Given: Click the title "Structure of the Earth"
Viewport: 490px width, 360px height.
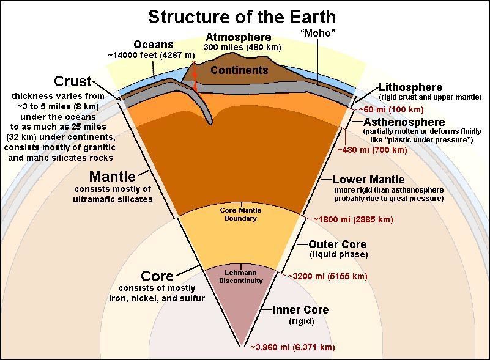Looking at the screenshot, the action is pyautogui.click(x=242, y=17).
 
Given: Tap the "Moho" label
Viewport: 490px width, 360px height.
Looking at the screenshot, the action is pyautogui.click(x=317, y=33).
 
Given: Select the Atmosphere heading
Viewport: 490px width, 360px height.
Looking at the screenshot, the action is pyautogui.click(x=239, y=37).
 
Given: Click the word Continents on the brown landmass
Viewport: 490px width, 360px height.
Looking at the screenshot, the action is pyautogui.click(x=239, y=70).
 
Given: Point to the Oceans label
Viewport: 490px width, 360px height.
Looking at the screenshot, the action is pyautogui.click(x=154, y=45).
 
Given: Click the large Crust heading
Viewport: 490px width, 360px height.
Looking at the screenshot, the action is pyautogui.click(x=73, y=81).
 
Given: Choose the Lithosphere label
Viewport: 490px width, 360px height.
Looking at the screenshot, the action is pyautogui.click(x=410, y=87).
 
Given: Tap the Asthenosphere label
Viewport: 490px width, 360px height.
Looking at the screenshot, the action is pyautogui.click(x=404, y=122).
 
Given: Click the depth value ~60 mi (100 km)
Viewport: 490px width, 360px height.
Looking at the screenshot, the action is pyautogui.click(x=391, y=109).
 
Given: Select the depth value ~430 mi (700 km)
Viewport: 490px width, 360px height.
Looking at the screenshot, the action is pyautogui.click(x=372, y=150).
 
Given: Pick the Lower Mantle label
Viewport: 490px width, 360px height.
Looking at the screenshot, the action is pyautogui.click(x=368, y=180).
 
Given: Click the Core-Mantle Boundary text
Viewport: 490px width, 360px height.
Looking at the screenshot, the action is pyautogui.click(x=240, y=214).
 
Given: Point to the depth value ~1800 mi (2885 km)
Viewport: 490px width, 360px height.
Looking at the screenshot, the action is pyautogui.click(x=353, y=219).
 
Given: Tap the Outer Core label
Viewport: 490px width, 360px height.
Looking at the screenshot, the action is pyautogui.click(x=338, y=244).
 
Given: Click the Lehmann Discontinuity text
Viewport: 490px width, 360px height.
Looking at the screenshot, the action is pyautogui.click(x=240, y=277).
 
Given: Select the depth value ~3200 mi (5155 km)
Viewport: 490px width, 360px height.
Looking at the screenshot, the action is pyautogui.click(x=327, y=276).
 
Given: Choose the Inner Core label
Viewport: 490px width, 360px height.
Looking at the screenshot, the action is pyautogui.click(x=300, y=310).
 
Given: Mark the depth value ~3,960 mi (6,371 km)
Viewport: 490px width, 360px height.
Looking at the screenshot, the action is pyautogui.click(x=293, y=347).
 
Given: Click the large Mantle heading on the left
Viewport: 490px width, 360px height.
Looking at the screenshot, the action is pyautogui.click(x=113, y=177).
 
